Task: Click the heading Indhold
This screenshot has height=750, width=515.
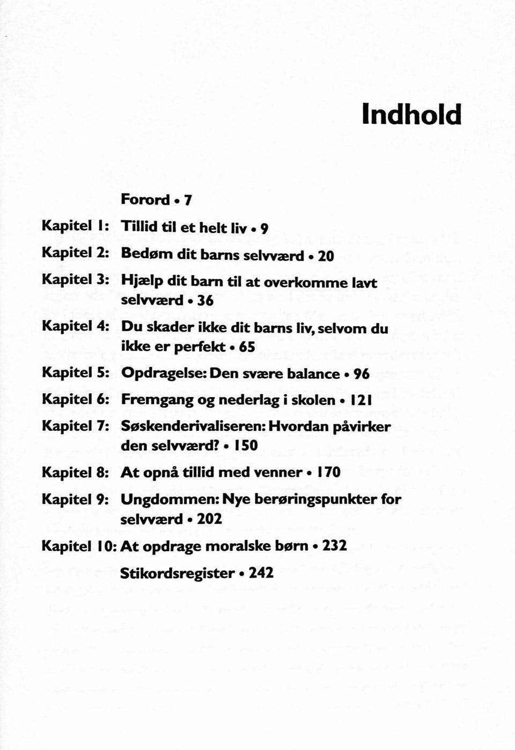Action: point(411,115)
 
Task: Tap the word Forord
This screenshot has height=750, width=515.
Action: point(145,200)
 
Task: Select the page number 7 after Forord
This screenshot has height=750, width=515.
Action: point(188,200)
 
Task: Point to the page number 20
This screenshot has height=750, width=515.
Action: point(326,256)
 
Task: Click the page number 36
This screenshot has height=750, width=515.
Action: point(205,301)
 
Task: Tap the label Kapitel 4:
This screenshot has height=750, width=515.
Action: point(76,326)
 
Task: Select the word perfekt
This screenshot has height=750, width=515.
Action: point(200,347)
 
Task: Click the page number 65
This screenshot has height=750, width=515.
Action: point(247,347)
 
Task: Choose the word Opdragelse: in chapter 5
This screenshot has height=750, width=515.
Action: point(164,374)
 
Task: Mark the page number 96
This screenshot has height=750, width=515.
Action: point(362,374)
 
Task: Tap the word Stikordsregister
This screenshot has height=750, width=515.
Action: point(177,573)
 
